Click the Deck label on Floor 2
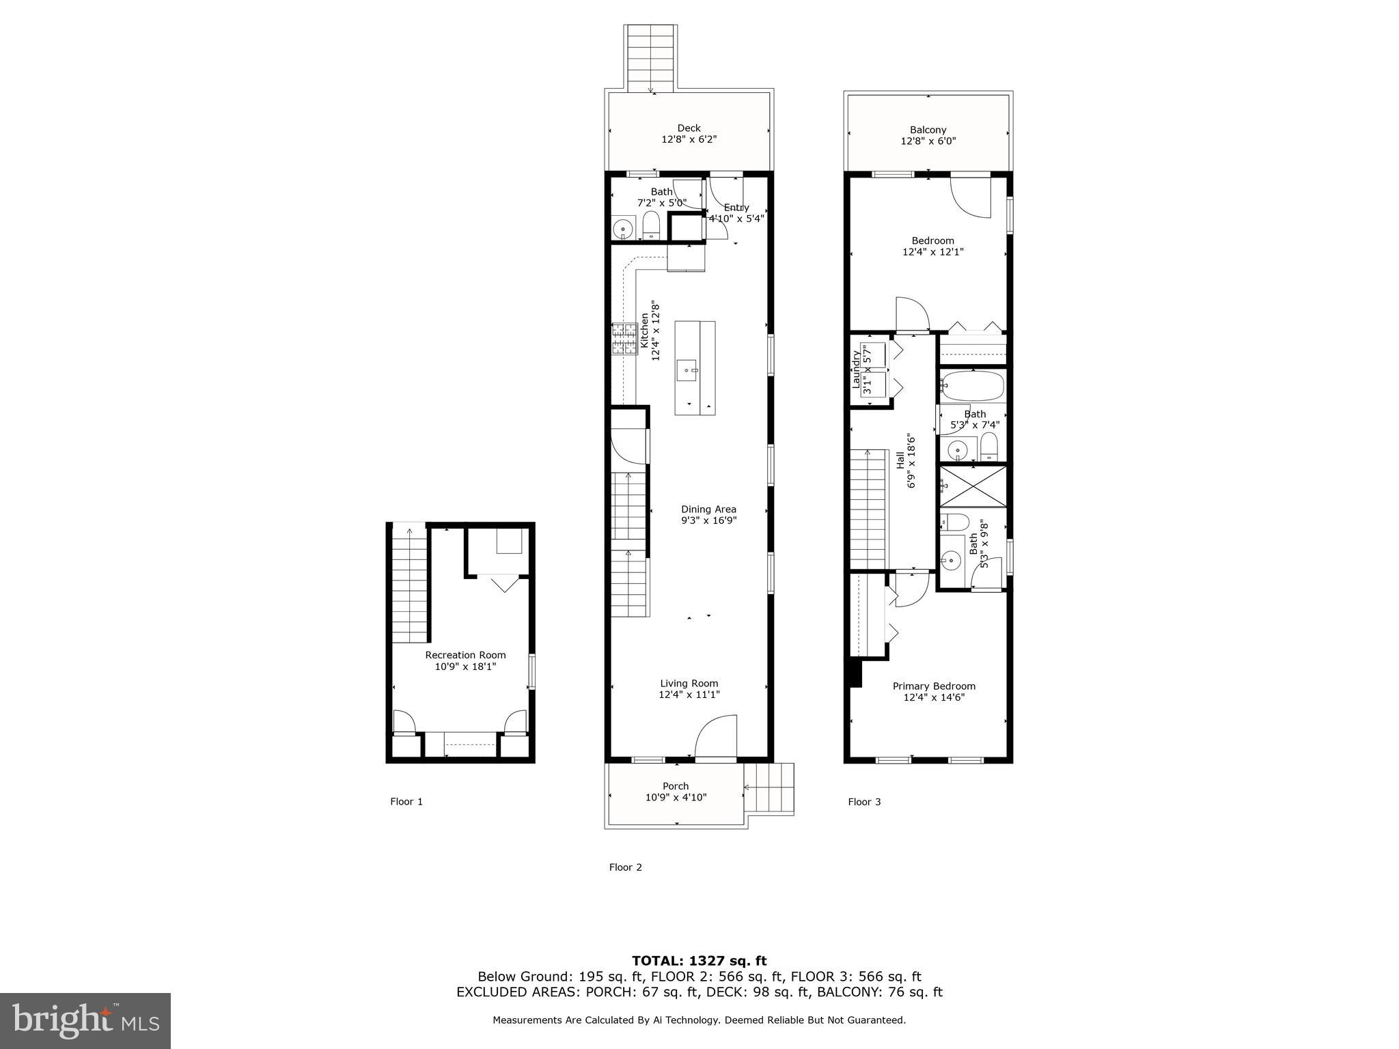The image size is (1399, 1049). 689,128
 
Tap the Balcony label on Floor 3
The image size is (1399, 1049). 928,130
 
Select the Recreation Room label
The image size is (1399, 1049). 465,655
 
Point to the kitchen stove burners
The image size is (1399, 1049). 624,339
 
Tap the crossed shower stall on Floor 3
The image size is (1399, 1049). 973,486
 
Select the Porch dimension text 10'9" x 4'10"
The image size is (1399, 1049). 676,797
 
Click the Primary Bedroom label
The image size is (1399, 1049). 934,686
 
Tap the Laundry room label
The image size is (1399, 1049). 856,369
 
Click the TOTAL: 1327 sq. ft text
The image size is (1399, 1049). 699,962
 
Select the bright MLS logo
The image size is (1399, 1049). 85,1021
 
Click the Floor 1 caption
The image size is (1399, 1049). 406,802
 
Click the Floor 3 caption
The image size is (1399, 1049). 864,802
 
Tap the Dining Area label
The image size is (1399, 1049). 708,509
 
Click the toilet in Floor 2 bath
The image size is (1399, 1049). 650,225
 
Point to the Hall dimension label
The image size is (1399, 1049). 905,460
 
